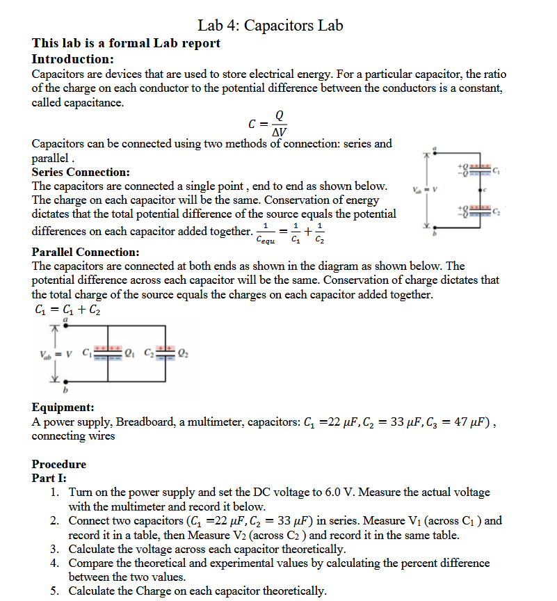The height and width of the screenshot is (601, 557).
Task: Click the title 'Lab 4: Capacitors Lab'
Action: point(270,26)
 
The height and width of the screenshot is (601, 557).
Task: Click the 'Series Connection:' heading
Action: point(81,172)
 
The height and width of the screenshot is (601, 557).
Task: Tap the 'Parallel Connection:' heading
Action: point(86,252)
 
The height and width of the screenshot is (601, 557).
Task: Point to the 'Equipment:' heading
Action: point(63,408)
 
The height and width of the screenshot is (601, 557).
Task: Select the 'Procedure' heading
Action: point(59,464)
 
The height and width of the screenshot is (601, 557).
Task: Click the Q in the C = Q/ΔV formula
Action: point(279,115)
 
